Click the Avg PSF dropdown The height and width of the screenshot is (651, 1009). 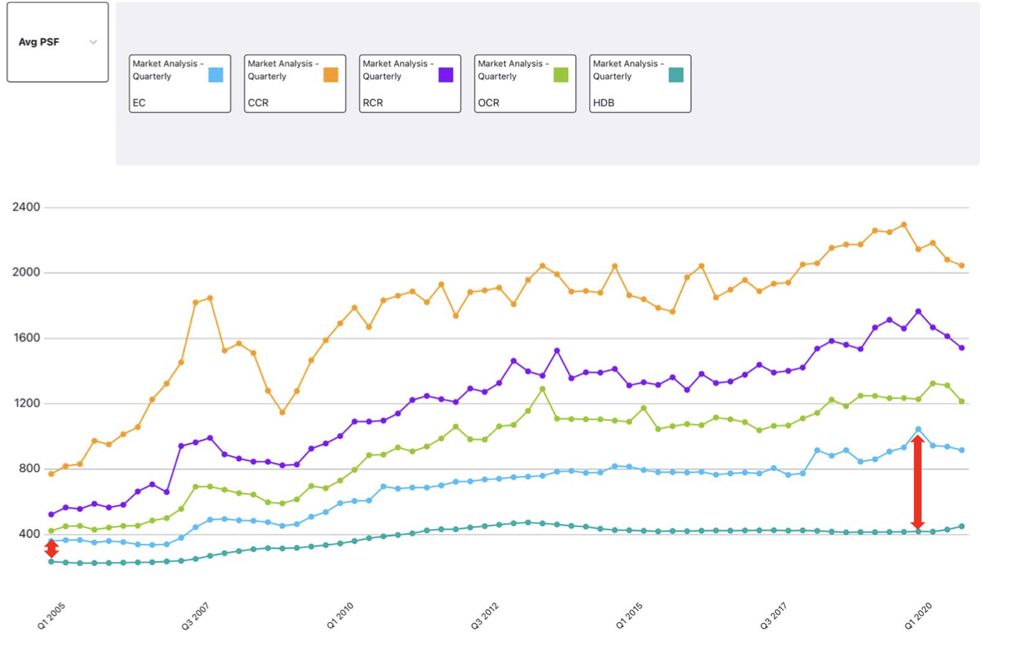tap(57, 42)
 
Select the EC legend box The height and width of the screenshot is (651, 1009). tap(179, 84)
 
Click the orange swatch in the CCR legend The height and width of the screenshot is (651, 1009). tap(330, 75)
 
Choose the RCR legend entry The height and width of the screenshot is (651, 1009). tap(410, 84)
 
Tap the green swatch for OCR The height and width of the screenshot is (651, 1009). tap(560, 75)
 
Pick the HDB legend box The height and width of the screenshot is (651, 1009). tap(640, 84)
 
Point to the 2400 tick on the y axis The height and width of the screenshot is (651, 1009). tap(27, 208)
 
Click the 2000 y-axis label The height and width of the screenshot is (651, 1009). tap(27, 273)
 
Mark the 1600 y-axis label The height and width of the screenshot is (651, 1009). tap(27, 339)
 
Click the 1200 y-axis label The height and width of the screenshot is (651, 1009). tap(27, 404)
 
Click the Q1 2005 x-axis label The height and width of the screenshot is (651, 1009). tap(52, 616)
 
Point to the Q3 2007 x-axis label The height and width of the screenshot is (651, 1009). tap(195, 616)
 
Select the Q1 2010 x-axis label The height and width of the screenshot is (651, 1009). tap(339, 616)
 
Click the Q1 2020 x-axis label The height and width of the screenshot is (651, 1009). tap(918, 616)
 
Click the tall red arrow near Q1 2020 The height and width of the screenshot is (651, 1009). tap(918, 482)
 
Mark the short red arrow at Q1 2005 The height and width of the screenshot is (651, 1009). tap(52, 549)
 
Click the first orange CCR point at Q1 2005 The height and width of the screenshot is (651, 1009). tap(52, 474)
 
